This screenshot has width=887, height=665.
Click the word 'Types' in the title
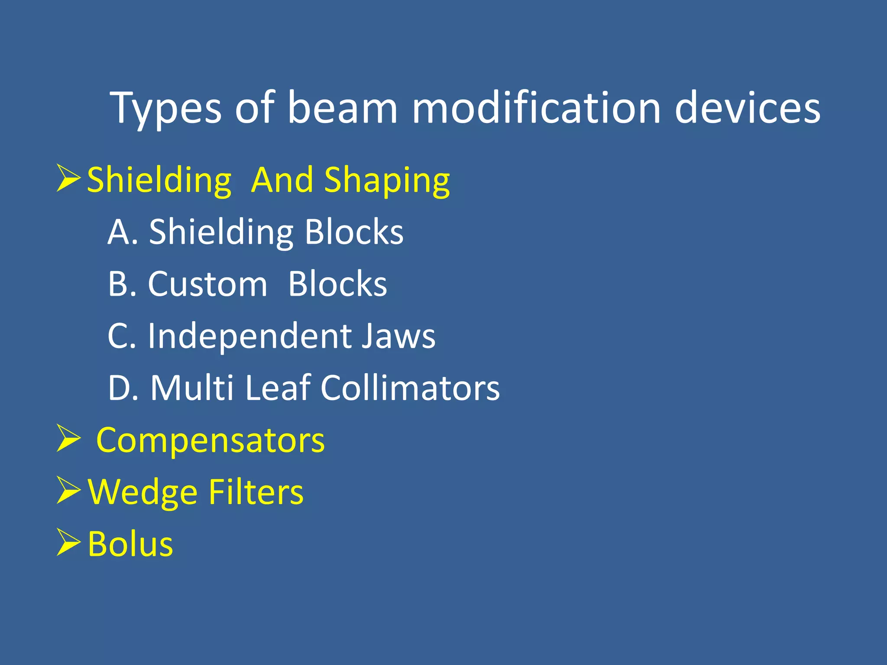tap(166, 108)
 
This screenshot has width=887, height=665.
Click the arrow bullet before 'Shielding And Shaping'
tap(68, 178)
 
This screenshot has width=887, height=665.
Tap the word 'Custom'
tap(207, 284)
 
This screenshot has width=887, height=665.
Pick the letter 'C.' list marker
tap(122, 336)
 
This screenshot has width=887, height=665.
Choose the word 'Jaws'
tap(398, 336)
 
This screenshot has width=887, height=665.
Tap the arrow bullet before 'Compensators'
tap(68, 439)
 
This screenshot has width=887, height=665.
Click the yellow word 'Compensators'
tap(210, 440)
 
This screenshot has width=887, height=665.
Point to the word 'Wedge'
tap(142, 492)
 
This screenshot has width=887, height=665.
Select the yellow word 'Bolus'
tap(130, 544)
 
